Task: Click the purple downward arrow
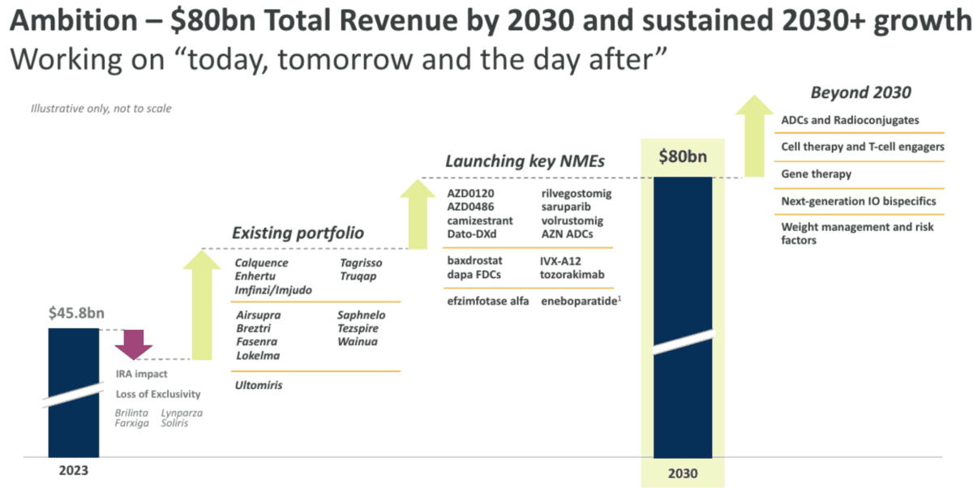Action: (x=133, y=344)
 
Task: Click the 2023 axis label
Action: (x=73, y=469)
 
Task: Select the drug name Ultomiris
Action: (x=259, y=386)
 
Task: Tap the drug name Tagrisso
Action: (x=360, y=263)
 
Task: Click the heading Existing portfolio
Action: (x=298, y=233)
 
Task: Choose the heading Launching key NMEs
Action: (x=525, y=161)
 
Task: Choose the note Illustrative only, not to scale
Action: (x=101, y=109)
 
